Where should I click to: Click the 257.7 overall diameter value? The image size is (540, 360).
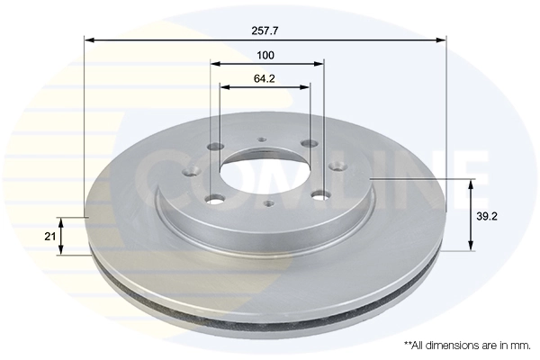pyautogui.click(x=265, y=31)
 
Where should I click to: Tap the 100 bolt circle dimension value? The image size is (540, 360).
pyautogui.click(x=265, y=56)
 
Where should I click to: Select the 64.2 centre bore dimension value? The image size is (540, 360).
pyautogui.click(x=265, y=78)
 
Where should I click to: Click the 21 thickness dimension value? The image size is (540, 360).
pyautogui.click(x=50, y=236)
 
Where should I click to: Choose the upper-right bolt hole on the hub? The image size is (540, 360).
pyautogui.click(x=309, y=143)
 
